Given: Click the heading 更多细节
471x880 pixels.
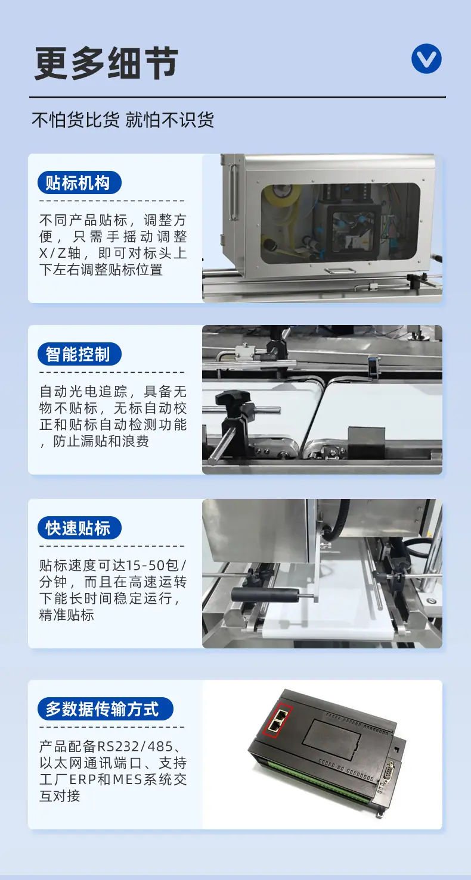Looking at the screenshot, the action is (x=106, y=63).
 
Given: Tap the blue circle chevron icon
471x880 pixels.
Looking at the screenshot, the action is (x=426, y=59).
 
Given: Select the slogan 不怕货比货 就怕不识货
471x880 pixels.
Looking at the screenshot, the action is (x=123, y=120).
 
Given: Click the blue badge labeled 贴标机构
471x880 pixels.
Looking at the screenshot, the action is (x=79, y=183).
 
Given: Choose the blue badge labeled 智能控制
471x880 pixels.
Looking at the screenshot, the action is (x=79, y=354).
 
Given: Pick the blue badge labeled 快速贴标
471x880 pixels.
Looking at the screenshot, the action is (x=79, y=528).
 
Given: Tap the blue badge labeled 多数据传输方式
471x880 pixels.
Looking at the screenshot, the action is (x=106, y=709).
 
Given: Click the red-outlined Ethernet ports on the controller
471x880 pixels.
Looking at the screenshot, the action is (x=278, y=720).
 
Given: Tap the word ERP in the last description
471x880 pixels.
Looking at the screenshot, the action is (x=83, y=779).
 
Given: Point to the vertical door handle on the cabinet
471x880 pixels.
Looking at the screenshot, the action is (x=233, y=192).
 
